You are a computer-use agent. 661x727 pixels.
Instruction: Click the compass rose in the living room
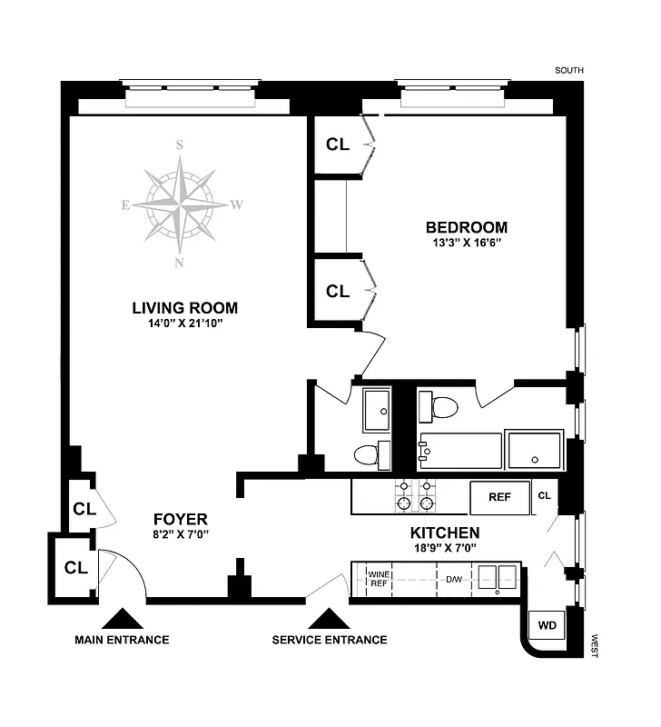(x=181, y=203)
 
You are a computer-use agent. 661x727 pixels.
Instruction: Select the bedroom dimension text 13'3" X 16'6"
(x=467, y=244)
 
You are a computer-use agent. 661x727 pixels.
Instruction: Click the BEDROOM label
(x=467, y=227)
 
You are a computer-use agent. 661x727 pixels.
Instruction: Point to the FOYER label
(x=180, y=519)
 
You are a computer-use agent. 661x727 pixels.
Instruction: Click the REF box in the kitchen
(x=499, y=497)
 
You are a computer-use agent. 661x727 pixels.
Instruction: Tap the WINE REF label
(x=378, y=579)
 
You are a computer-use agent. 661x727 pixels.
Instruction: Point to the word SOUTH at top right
(x=569, y=70)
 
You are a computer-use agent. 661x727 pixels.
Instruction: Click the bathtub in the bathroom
(x=460, y=450)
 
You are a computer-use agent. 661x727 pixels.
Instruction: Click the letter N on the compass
(x=180, y=264)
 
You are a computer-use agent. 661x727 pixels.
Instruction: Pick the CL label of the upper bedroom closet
(x=337, y=144)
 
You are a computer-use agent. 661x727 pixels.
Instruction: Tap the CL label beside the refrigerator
(x=545, y=496)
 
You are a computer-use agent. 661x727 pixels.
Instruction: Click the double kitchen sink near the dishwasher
(x=498, y=577)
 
